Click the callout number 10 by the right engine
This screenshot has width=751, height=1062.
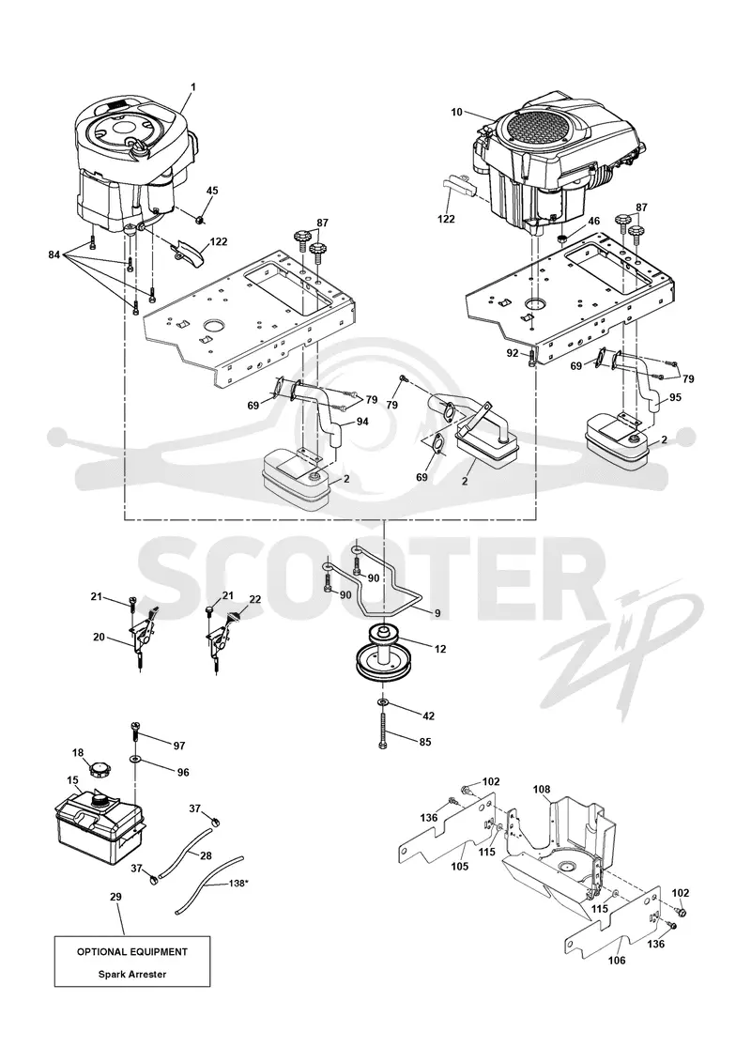pyautogui.click(x=457, y=112)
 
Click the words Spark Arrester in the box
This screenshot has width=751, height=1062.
pyautogui.click(x=132, y=974)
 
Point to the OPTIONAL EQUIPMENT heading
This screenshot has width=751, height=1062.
pyautogui.click(x=132, y=951)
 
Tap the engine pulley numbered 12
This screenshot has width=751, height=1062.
pyautogui.click(x=383, y=654)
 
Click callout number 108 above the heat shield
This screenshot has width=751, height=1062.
pyautogui.click(x=542, y=789)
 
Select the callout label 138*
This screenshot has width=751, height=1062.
pyautogui.click(x=238, y=884)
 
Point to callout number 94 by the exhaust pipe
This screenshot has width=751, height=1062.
pyautogui.click(x=362, y=422)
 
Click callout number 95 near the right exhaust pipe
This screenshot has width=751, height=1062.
pyautogui.click(x=675, y=397)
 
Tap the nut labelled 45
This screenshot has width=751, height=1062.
pyautogui.click(x=199, y=219)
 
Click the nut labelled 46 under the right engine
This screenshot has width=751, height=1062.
pyautogui.click(x=561, y=239)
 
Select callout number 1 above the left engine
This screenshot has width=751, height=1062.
pyautogui.click(x=193, y=86)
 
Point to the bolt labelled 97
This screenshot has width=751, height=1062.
pyautogui.click(x=135, y=732)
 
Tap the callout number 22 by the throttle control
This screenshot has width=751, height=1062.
pyautogui.click(x=254, y=599)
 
